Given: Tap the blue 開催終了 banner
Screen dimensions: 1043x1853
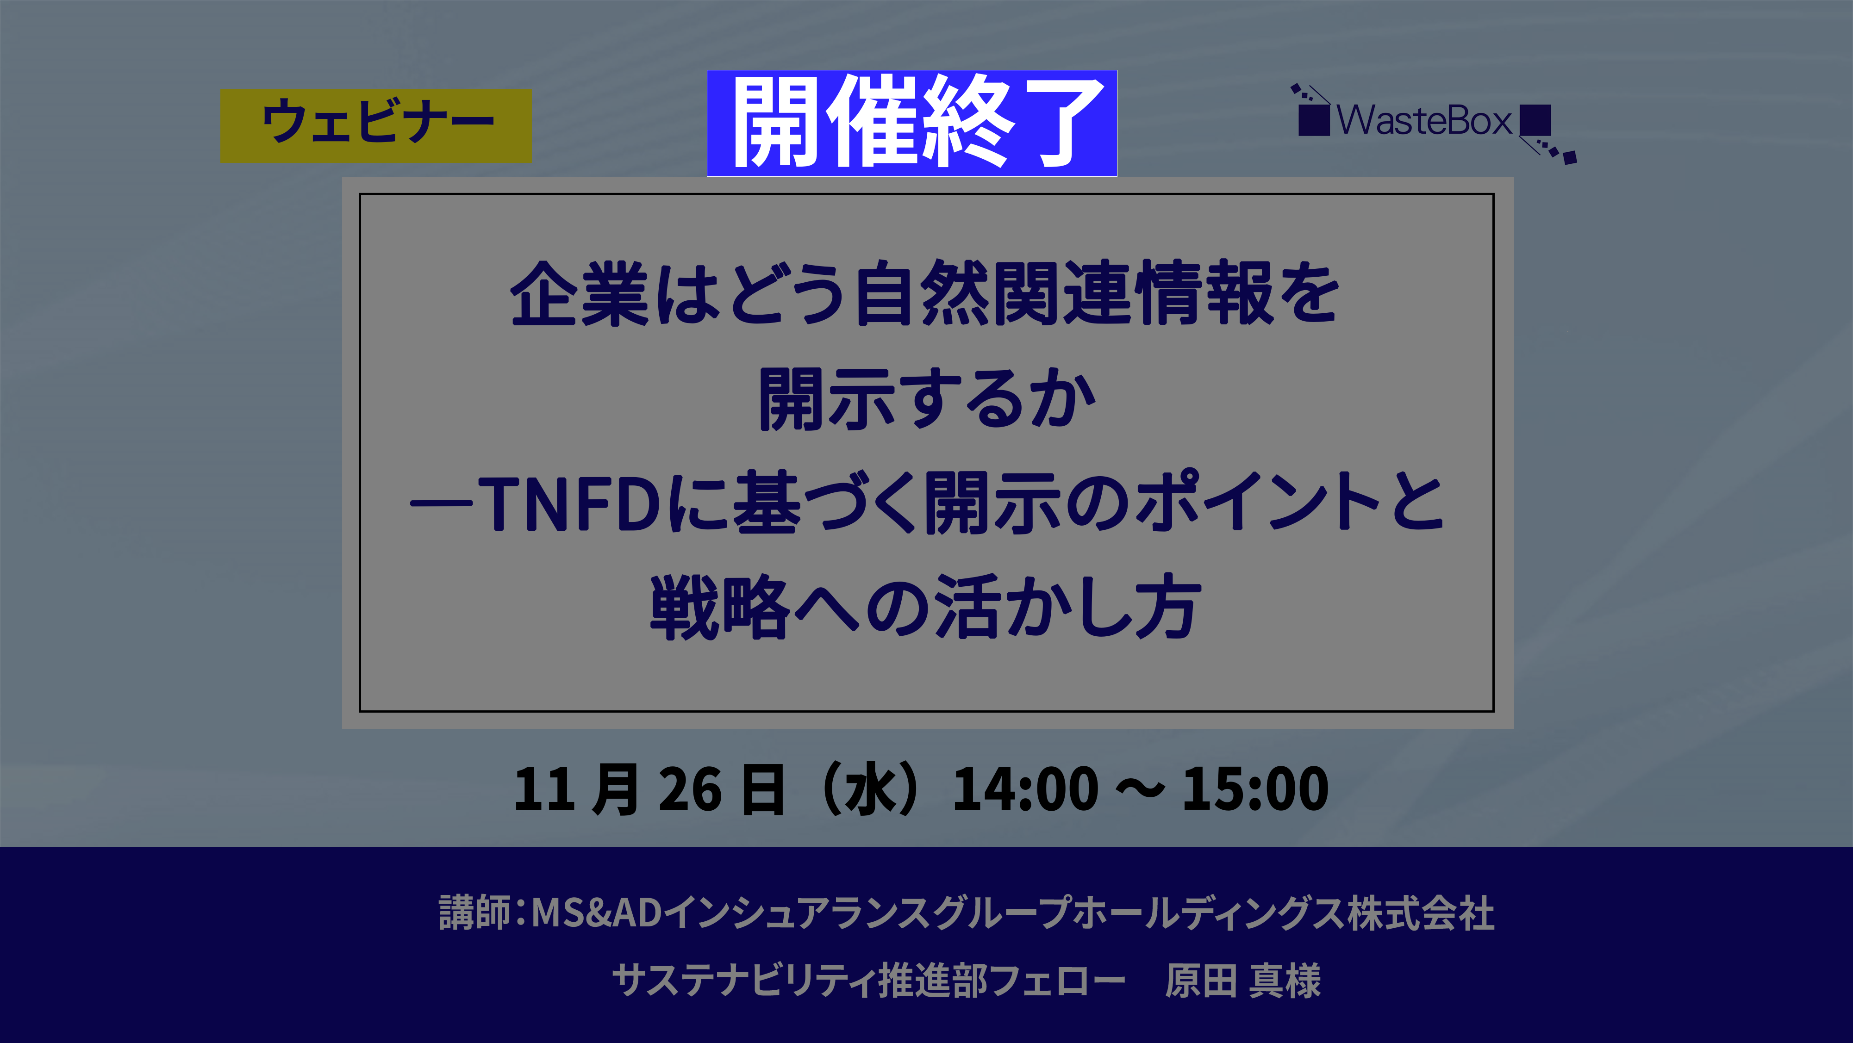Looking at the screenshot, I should [x=911, y=123].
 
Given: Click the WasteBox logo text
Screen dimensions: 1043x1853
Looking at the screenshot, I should [x=1424, y=120].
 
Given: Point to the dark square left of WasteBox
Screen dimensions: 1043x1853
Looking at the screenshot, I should [x=1314, y=120].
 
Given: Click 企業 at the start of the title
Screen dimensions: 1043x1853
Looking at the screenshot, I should [x=579, y=293].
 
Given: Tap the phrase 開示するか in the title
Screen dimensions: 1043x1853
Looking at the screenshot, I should [x=927, y=399].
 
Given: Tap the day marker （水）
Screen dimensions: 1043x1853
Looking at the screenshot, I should [x=870, y=789].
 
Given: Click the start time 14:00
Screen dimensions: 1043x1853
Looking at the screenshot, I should [x=1025, y=789].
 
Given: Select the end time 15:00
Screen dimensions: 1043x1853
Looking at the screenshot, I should [x=1255, y=789].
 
